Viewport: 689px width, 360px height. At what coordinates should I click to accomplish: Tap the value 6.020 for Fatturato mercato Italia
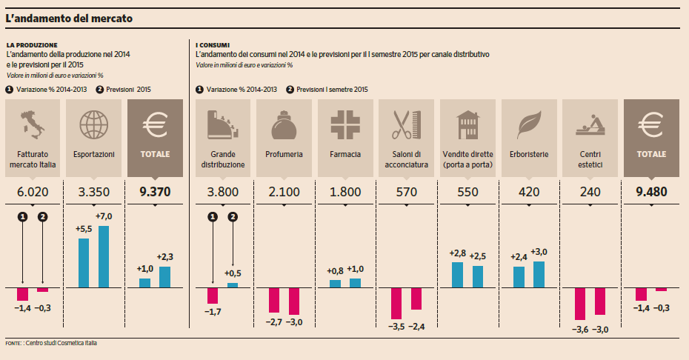[x=32, y=192]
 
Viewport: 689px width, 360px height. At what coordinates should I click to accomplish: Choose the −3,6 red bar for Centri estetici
[x=580, y=303]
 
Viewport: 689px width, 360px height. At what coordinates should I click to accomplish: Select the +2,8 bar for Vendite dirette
[x=458, y=275]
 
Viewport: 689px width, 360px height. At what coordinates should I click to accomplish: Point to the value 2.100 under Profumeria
[x=284, y=192]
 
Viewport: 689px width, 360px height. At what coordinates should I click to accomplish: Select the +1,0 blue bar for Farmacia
[x=356, y=282]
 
